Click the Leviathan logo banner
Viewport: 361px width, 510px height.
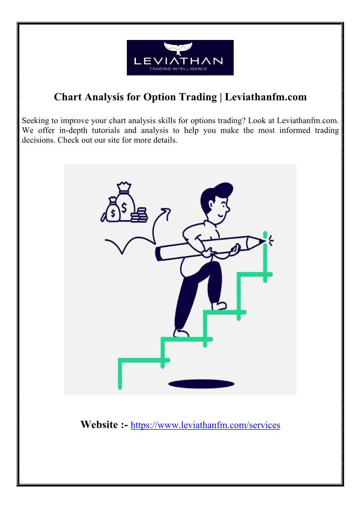coord(180,58)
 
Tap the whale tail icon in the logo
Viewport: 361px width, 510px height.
coord(178,48)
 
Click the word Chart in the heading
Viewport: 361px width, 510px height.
coord(68,97)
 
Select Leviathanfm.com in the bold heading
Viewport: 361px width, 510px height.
coord(266,97)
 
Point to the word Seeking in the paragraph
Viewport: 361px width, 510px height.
coord(35,121)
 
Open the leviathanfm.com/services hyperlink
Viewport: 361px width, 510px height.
coord(206,425)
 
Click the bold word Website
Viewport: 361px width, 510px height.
coord(99,425)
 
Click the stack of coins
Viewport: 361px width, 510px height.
coord(139,215)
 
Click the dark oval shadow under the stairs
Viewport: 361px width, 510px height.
coord(201,384)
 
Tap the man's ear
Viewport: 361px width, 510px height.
coord(211,205)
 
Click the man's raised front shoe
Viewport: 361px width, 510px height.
coord(219,306)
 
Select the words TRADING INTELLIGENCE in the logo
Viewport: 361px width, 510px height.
coord(178,69)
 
